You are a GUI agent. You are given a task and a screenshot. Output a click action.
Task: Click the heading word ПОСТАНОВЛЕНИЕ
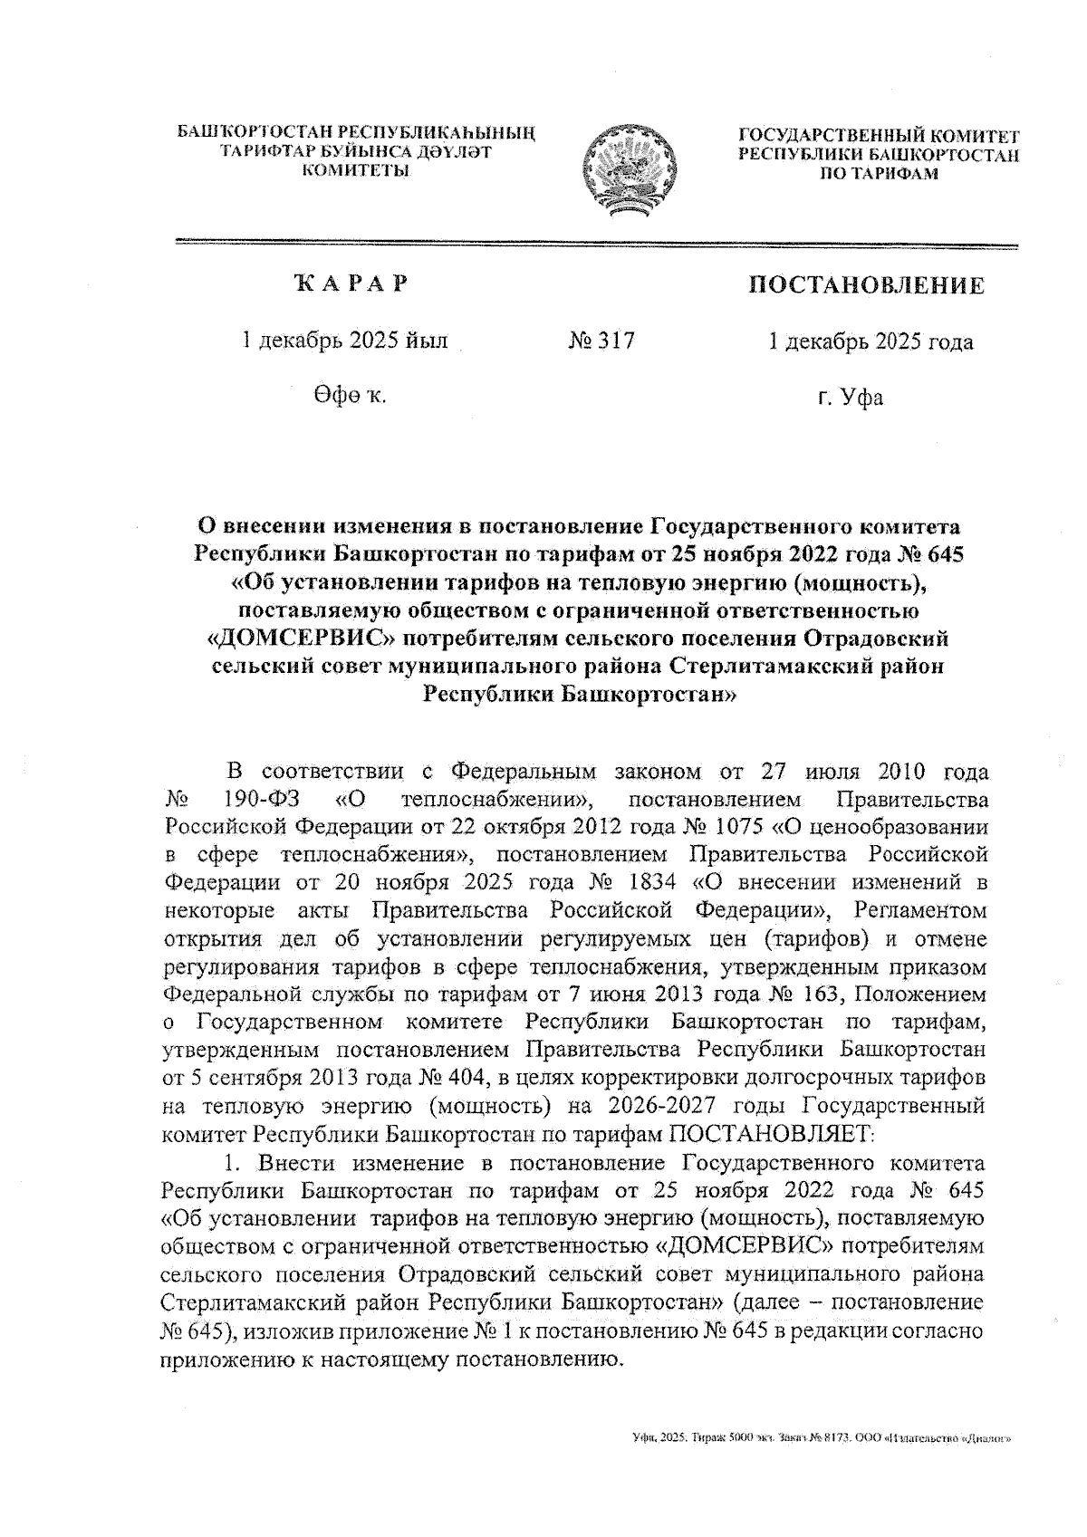click(865, 287)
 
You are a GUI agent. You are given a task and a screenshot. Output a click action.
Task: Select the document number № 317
click(601, 341)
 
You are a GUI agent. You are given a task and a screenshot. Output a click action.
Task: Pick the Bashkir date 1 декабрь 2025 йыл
click(344, 341)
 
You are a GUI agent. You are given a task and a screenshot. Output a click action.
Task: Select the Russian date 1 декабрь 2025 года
click(870, 341)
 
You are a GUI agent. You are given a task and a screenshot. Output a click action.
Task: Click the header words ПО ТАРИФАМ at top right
click(879, 173)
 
